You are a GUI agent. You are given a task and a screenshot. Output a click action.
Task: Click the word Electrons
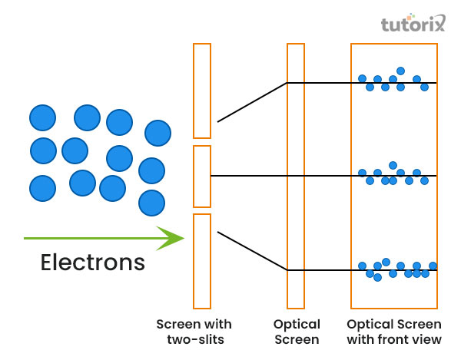click(x=92, y=263)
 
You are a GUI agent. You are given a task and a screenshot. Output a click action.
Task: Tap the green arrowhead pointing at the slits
click(x=172, y=238)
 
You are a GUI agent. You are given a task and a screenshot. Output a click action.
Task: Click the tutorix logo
click(x=413, y=25)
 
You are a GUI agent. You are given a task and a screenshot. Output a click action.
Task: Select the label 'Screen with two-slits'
click(x=194, y=332)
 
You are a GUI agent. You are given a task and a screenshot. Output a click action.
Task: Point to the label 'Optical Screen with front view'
click(x=394, y=332)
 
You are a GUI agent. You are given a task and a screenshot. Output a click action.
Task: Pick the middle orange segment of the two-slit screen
click(x=201, y=176)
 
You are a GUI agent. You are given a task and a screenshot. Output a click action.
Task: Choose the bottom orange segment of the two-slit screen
click(x=201, y=260)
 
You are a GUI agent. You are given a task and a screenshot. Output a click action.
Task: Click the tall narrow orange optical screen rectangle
click(x=297, y=176)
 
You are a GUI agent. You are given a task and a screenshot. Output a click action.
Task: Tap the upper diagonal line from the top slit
click(x=252, y=102)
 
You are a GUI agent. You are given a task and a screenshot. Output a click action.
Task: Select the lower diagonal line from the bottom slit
click(x=252, y=250)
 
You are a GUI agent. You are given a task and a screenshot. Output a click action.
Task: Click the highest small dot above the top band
click(x=400, y=71)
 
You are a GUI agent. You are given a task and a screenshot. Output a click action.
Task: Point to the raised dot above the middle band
click(x=393, y=165)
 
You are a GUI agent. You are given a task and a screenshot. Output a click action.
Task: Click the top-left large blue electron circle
click(x=42, y=117)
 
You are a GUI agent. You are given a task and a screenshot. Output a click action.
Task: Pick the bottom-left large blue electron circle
click(x=42, y=187)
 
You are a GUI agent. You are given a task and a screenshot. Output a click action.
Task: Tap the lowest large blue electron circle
click(x=151, y=203)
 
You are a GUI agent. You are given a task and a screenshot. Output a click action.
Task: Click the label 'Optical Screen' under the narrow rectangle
click(x=297, y=332)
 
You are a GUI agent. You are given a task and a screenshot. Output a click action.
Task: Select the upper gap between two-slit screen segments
click(x=201, y=141)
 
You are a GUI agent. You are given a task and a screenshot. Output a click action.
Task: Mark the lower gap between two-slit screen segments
click(x=201, y=210)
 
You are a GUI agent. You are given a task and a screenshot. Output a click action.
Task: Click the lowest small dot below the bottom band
click(x=377, y=278)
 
